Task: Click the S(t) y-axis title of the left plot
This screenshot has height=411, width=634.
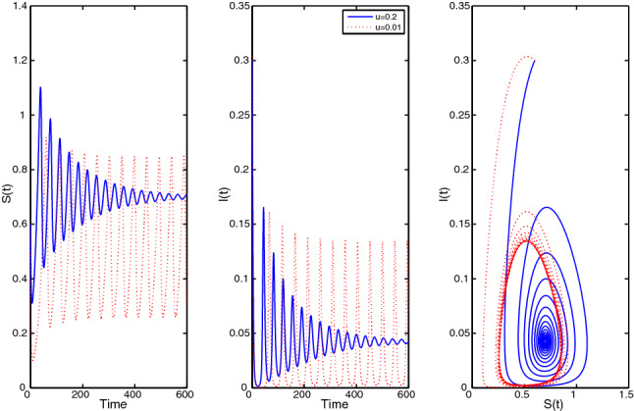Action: click(8, 198)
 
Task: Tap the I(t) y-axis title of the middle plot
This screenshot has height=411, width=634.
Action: click(224, 198)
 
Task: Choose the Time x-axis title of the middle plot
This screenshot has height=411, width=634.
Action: click(333, 403)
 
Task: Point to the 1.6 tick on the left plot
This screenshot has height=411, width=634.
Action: click(19, 4)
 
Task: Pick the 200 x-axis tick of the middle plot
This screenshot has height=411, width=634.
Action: click(305, 394)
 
